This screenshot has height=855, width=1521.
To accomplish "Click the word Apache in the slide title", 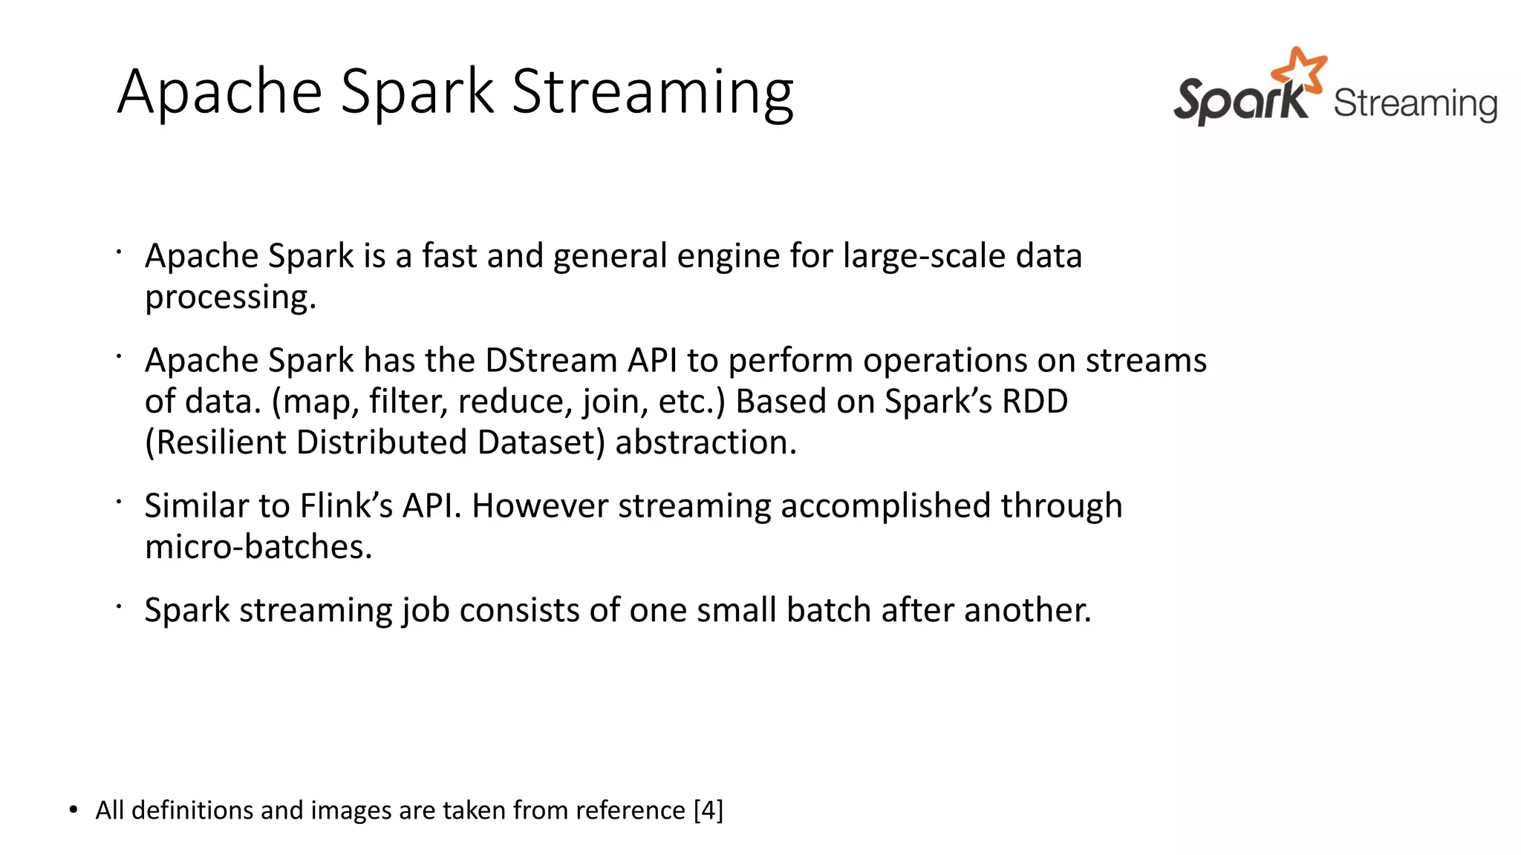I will click(x=220, y=92).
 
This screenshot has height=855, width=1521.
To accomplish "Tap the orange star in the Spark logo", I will click(x=1299, y=71).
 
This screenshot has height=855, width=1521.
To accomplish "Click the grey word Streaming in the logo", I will click(x=1415, y=104).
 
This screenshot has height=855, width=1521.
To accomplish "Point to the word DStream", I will click(x=551, y=361).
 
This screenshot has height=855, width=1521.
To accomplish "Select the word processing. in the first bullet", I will click(x=230, y=298).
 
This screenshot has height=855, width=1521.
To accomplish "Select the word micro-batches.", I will click(x=258, y=547).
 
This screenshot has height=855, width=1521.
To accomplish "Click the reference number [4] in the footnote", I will click(x=708, y=810).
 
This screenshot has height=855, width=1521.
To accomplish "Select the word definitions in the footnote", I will click(x=192, y=810).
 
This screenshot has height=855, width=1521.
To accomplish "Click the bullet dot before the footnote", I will click(x=73, y=810).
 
